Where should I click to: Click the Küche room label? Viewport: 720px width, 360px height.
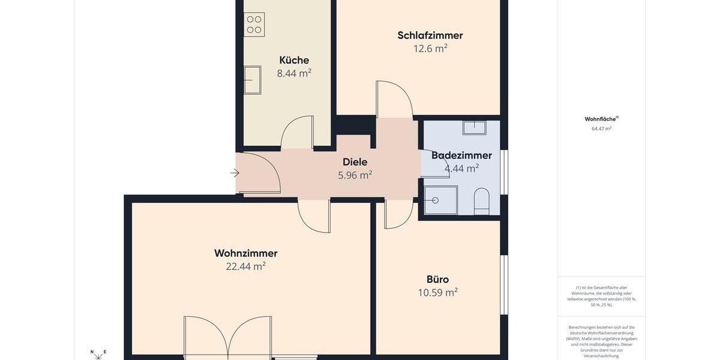click(294, 60)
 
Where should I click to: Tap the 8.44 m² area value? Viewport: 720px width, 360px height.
click(294, 73)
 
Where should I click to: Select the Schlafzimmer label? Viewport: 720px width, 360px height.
click(430, 35)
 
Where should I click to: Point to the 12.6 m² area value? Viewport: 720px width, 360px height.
click(430, 49)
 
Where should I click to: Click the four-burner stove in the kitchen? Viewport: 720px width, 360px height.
click(254, 25)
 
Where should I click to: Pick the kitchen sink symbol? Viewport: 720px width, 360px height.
click(253, 80)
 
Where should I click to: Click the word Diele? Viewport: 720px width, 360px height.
click(355, 162)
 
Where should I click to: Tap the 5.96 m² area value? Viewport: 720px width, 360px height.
click(355, 175)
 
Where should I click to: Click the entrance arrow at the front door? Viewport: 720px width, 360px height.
click(235, 173)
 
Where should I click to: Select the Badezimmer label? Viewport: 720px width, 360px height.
click(461, 155)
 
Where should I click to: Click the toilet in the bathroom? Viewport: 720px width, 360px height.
click(482, 201)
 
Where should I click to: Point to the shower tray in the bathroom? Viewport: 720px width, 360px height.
click(440, 199)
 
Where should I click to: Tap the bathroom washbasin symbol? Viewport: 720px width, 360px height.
click(474, 127)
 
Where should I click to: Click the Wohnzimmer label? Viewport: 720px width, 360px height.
click(245, 253)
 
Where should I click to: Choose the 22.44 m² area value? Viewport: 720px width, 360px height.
click(245, 266)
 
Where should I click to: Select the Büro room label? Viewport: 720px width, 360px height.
click(437, 280)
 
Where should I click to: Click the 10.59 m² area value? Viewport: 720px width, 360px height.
click(437, 293)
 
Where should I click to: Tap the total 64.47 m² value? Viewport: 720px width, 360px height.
click(601, 128)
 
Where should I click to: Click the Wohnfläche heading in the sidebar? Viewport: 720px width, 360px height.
click(601, 119)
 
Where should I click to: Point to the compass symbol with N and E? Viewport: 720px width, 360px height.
click(98, 355)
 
